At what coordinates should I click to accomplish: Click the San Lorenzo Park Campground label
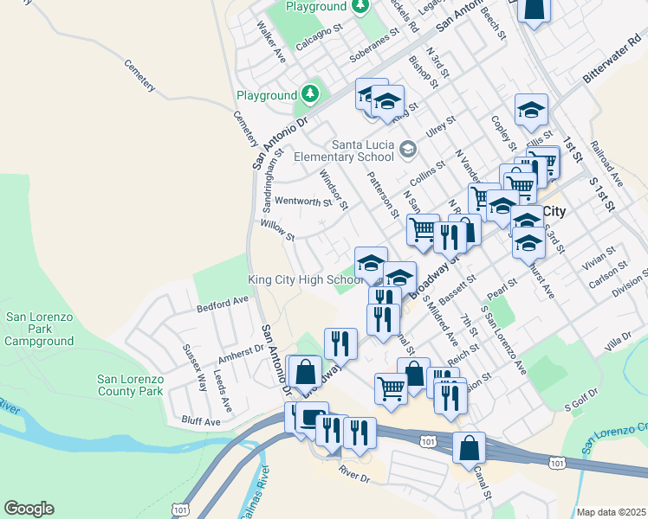pos(40,330)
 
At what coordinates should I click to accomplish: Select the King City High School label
pos(305,279)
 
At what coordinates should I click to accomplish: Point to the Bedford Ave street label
pos(223,304)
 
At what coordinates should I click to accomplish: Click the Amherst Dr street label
pos(240,353)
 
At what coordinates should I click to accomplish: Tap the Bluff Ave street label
pos(202,422)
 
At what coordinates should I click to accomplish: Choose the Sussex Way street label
pos(194,367)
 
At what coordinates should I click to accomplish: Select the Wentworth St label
pos(303,202)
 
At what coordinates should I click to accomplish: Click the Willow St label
pos(278,230)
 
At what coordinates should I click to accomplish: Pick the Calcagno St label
pos(320,39)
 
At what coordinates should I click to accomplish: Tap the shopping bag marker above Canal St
pos(469,448)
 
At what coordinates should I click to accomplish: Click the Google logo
pos(29,509)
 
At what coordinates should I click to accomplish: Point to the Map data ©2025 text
pos(611,512)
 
